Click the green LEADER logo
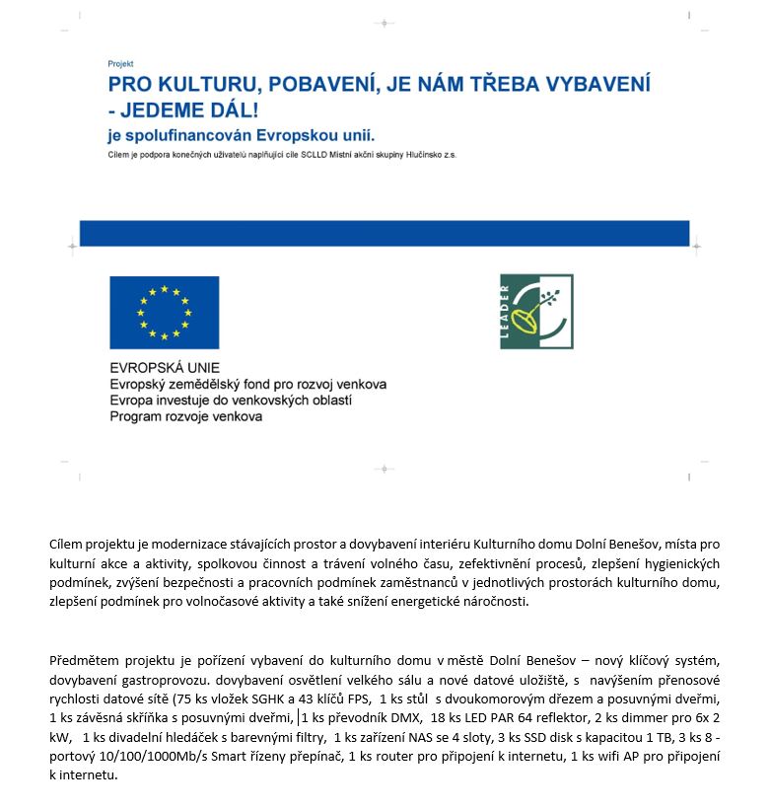(x=536, y=312)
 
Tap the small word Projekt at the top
(x=120, y=64)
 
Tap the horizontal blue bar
(x=384, y=233)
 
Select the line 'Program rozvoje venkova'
(x=186, y=417)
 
